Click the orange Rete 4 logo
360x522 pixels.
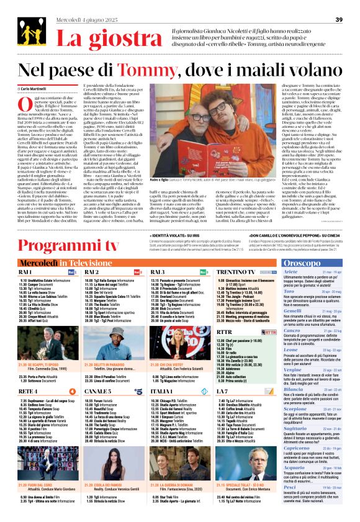coord(72,391)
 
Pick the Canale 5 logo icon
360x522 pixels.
coord(138,391)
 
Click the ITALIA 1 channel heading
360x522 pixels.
coord(161,391)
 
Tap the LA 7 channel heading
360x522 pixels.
coord(222,391)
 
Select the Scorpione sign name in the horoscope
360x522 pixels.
coord(295,410)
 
